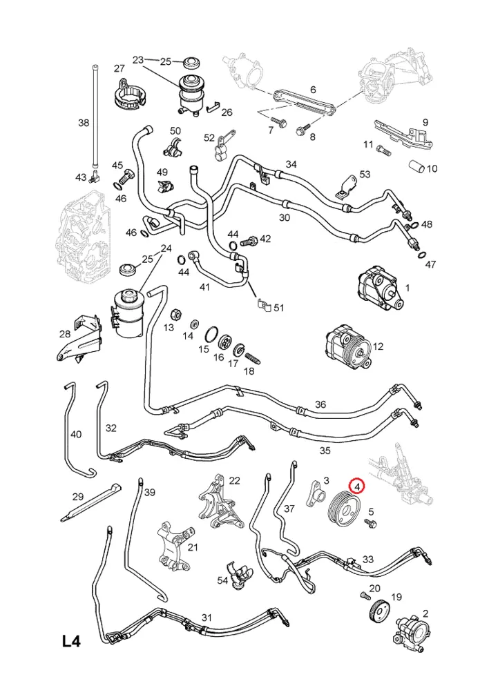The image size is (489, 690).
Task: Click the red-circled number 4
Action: [x=357, y=487]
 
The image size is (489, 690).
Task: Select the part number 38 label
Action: [x=84, y=124]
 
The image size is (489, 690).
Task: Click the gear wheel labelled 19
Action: [x=377, y=611]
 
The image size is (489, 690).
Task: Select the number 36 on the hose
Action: [x=320, y=404]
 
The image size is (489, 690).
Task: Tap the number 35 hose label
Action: [x=325, y=451]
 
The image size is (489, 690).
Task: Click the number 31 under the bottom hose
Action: [x=206, y=617]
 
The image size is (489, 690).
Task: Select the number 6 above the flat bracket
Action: [x=312, y=90]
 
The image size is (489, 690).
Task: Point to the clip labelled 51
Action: [x=261, y=304]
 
